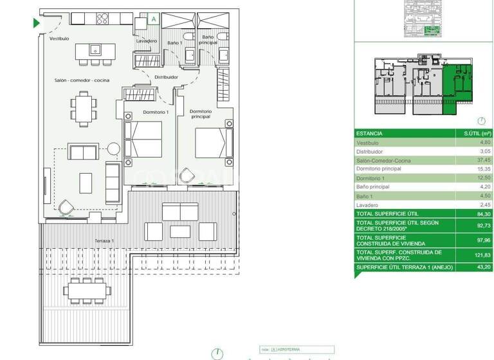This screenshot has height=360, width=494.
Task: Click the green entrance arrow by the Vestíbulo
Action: tap(37, 23)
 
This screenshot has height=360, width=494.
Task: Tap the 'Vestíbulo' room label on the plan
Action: tap(59, 39)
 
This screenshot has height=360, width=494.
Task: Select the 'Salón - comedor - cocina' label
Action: tap(81, 80)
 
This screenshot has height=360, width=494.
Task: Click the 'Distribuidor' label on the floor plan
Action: tap(166, 76)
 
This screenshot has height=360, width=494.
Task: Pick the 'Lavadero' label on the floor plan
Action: tap(146, 41)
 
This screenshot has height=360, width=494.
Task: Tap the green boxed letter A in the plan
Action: tap(153, 19)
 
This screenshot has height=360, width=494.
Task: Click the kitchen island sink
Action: tap(95, 49)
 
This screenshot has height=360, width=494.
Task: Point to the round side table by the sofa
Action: tap(113, 149)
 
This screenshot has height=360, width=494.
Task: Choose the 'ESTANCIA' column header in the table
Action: tap(369, 133)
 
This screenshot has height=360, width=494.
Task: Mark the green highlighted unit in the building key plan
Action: tap(457, 85)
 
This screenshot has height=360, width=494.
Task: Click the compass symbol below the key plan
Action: tap(481, 121)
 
